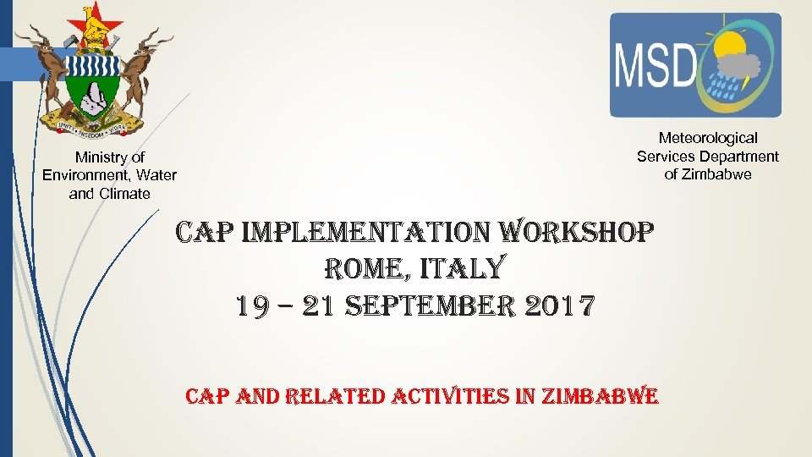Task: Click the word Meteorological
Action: click(x=708, y=138)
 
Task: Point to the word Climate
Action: click(x=123, y=194)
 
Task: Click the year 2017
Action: click(x=562, y=306)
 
